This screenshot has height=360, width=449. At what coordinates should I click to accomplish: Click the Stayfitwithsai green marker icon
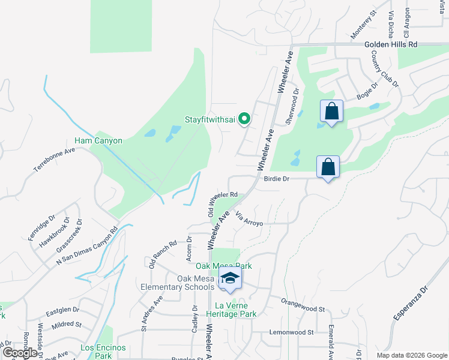[244, 119]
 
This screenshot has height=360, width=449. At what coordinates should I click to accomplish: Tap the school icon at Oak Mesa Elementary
[229, 278]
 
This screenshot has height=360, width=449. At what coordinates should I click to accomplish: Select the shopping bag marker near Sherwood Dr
[331, 112]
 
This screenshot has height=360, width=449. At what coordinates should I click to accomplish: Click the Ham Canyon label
[98, 141]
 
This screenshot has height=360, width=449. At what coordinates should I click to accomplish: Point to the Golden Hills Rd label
[391, 45]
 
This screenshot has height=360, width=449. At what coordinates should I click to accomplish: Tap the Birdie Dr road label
[277, 179]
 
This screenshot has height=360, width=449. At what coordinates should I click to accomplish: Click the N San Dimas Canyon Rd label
[88, 246]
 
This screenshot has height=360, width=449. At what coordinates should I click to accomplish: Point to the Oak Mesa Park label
[223, 266]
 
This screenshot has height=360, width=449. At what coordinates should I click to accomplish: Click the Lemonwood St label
[291, 332]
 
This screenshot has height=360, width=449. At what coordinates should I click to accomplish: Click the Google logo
[19, 353]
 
